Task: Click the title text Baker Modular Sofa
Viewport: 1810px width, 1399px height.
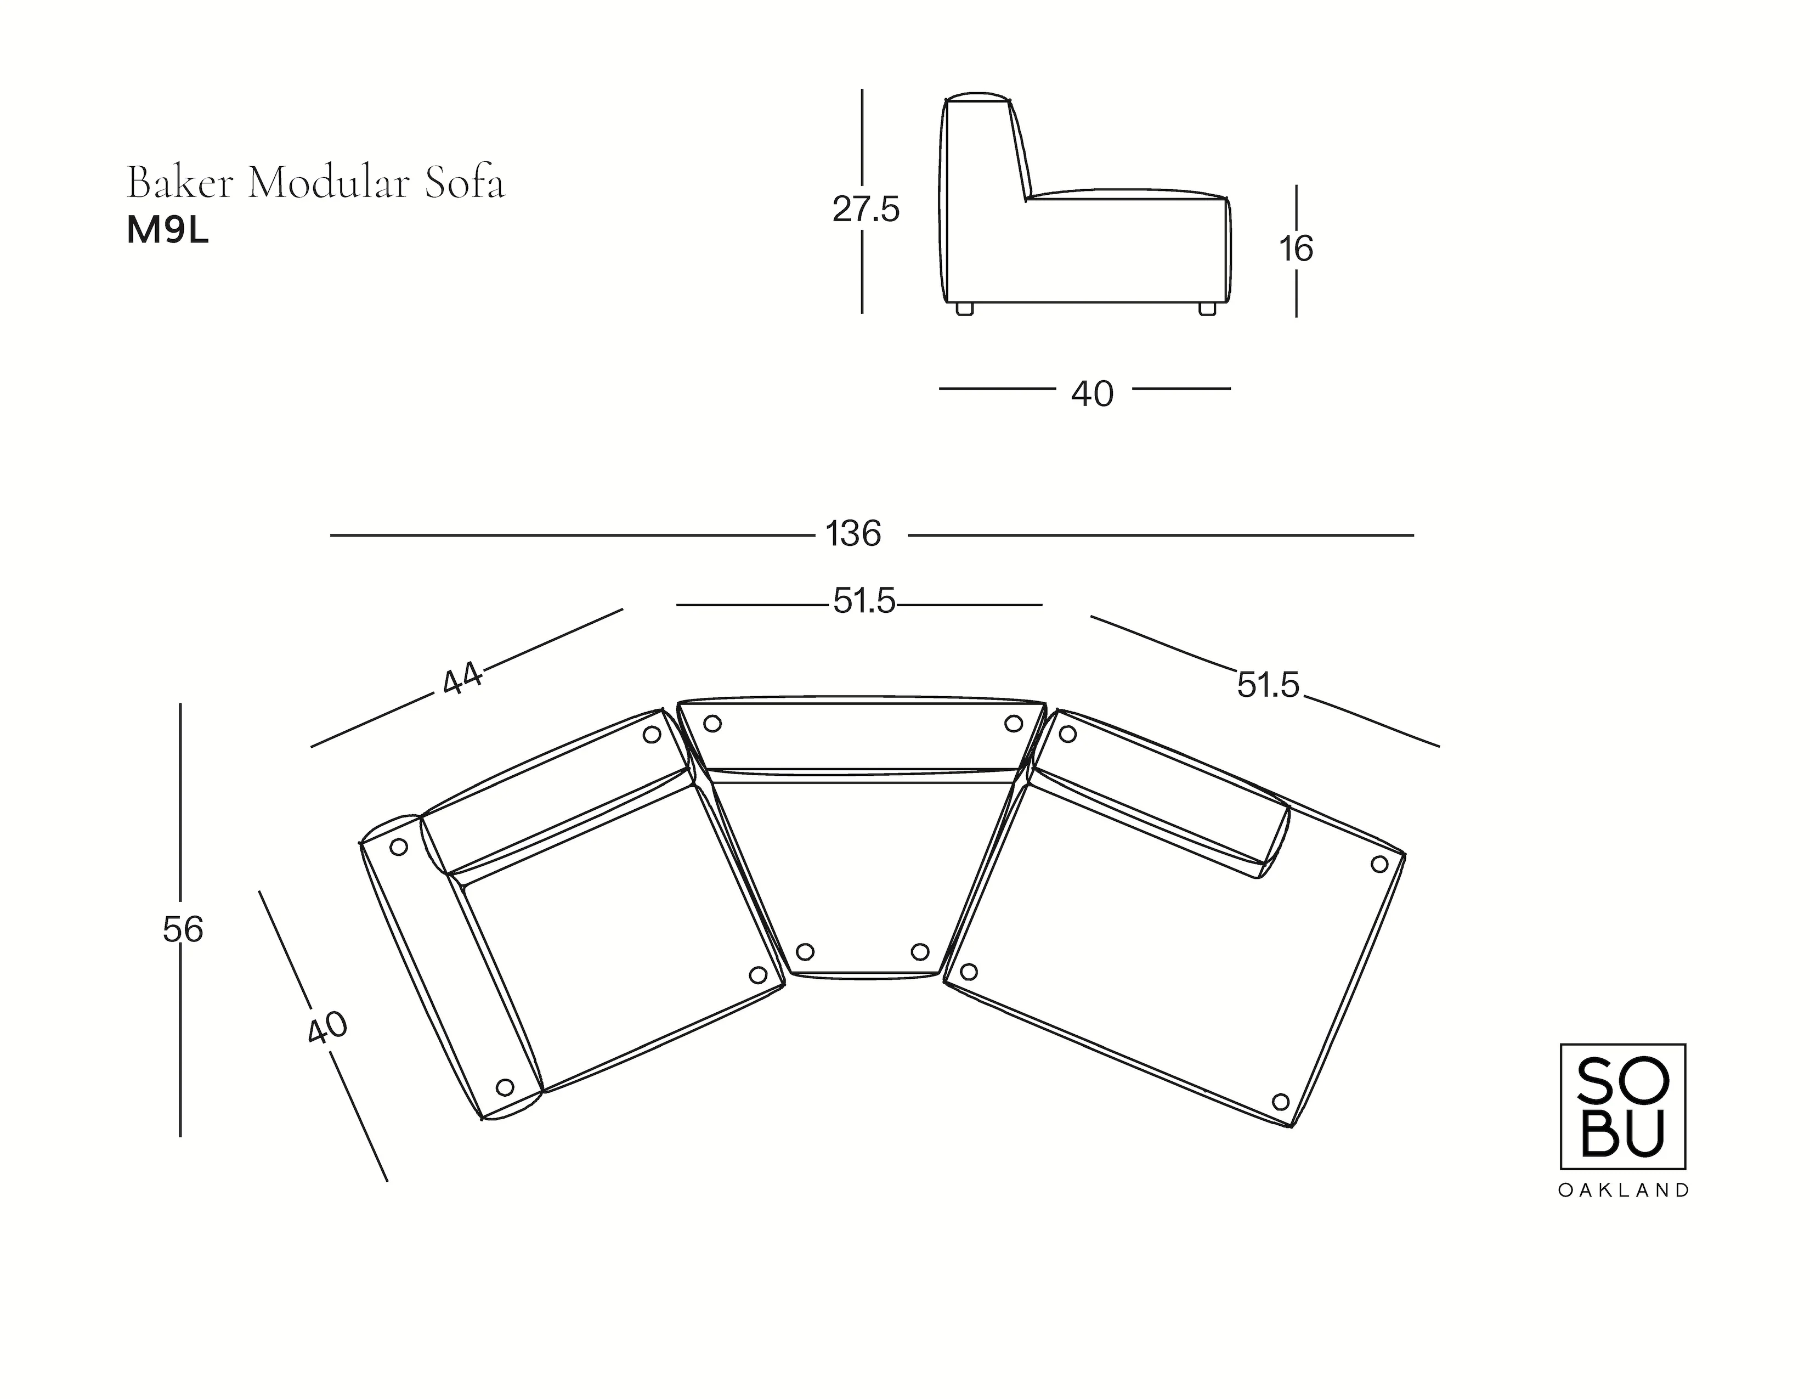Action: [316, 183]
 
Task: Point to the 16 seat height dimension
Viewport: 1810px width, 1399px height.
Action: [1296, 249]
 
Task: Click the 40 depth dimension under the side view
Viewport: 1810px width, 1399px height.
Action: [1091, 394]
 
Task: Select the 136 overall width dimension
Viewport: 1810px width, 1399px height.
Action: [853, 534]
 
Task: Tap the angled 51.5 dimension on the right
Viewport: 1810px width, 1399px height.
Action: [1268, 685]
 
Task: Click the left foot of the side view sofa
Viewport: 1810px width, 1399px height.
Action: [964, 308]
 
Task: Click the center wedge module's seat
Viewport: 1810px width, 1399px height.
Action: [862, 870]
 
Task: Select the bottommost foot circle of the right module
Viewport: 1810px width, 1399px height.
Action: [1280, 1102]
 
